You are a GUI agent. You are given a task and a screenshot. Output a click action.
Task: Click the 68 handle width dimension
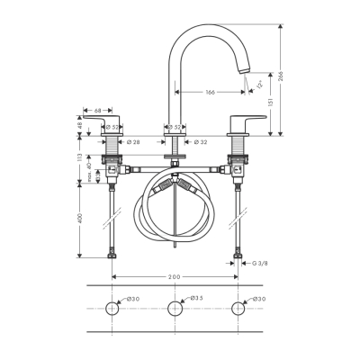pos(96,111)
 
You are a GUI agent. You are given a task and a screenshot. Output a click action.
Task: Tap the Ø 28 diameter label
pos(132,141)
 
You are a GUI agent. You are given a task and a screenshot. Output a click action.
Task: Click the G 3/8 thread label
pos(260,262)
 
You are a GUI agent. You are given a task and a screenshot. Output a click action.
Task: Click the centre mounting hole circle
pos(175,309)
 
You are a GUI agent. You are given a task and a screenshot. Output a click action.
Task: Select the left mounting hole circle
pos(112,309)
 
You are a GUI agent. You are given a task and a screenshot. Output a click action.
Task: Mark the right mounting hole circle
pos(238,309)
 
